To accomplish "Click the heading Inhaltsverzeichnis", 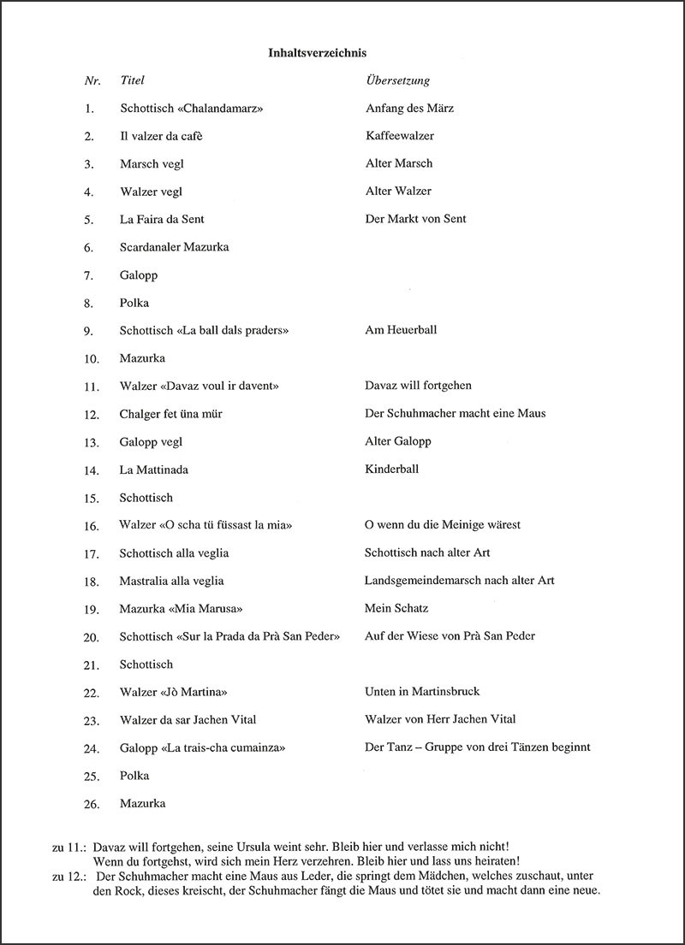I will pos(317,53).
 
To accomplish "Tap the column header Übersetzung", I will pos(397,80).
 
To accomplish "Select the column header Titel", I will pos(133,80).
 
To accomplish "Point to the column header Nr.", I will pos(92,80).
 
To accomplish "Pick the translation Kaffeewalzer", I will pos(399,136).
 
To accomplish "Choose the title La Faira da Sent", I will pos(162,219).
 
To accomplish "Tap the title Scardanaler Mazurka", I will pos(174,247).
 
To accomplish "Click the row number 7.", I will pos(89,275).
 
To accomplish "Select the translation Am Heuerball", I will pos(401,329).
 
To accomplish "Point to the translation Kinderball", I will pos(391,469).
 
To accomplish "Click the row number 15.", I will pos(92,498).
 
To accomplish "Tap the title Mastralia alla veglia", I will pos(171,581).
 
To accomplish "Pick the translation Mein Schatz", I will pos(396,608).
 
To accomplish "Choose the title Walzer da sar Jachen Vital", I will pos(188,719).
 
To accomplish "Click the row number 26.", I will pos(92,804).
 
